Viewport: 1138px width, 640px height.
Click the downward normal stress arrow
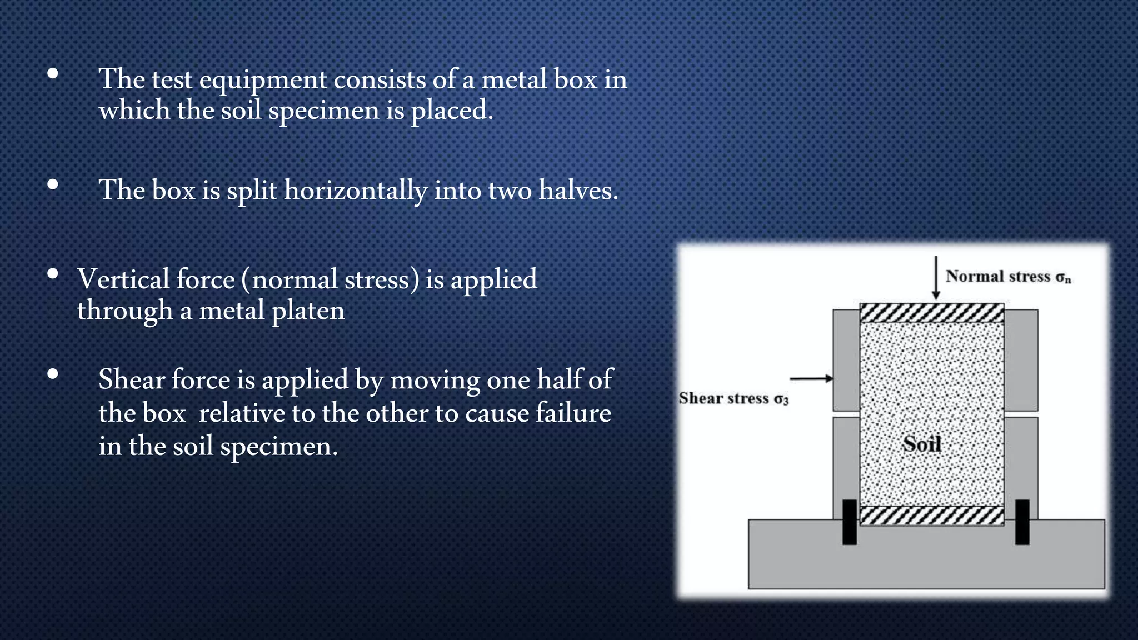point(936,278)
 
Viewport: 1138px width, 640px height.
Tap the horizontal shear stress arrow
point(811,378)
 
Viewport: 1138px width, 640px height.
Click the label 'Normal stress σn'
point(1008,276)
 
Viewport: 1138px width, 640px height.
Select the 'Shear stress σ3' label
point(733,398)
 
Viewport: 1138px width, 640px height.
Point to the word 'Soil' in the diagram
point(922,444)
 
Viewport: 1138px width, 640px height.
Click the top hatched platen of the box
point(932,313)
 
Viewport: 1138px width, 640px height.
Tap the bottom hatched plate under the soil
point(932,515)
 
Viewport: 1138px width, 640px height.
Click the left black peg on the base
point(850,522)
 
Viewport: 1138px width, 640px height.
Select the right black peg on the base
point(1022,522)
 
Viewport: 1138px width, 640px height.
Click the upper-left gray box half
point(846,360)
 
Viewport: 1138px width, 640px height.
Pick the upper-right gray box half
point(1021,360)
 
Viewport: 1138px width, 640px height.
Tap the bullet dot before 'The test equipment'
point(53,73)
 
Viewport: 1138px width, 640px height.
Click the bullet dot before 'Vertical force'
point(53,273)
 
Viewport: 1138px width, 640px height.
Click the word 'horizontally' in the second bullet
point(356,191)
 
